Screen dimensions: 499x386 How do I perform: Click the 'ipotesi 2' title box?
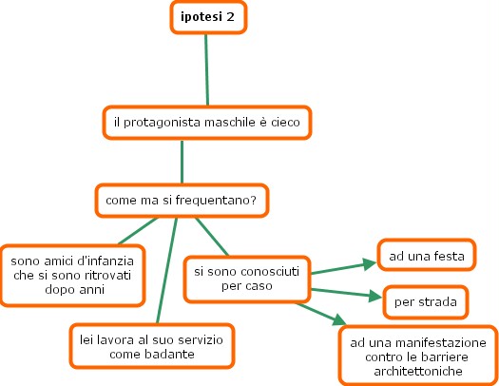pyautogui.click(x=208, y=17)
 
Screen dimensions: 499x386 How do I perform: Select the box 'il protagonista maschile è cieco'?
pyautogui.click(x=207, y=123)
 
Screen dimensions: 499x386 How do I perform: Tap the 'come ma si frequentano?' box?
pyautogui.click(x=182, y=201)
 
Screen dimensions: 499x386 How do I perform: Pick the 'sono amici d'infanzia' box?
pyautogui.click(x=72, y=276)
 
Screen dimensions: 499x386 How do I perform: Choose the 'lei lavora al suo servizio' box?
pyautogui.click(x=152, y=346)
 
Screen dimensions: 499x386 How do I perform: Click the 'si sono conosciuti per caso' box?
pyautogui.click(x=247, y=280)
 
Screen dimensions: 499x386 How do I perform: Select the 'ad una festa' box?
pyautogui.click(x=427, y=256)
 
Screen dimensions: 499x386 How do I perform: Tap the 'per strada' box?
pyautogui.click(x=426, y=302)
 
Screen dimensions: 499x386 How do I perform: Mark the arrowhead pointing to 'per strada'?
pyautogui.click(x=375, y=296)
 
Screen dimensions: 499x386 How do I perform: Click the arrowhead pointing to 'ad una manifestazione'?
pyautogui.click(x=340, y=319)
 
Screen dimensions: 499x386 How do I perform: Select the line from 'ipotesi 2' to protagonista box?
pyautogui.click(x=206, y=69)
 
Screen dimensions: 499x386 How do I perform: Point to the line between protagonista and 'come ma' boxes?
pyautogui.click(x=182, y=162)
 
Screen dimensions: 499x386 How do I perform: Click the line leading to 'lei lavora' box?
pyautogui.click(x=166, y=271)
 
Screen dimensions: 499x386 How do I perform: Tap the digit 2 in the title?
pyautogui.click(x=230, y=17)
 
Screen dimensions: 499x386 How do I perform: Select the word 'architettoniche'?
pyautogui.click(x=418, y=371)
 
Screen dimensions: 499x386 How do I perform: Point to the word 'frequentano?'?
pyautogui.click(x=216, y=201)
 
